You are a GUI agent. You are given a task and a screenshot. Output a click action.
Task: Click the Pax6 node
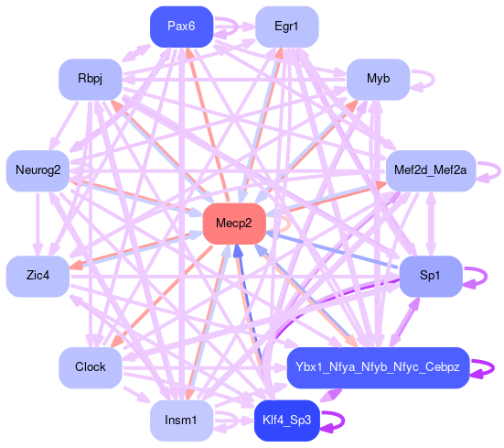pyautogui.click(x=182, y=27)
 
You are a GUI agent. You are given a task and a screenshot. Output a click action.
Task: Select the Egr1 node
pyautogui.click(x=286, y=27)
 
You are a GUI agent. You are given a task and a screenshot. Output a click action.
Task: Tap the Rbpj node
pyautogui.click(x=91, y=79)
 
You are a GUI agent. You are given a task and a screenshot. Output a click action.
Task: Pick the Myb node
pyautogui.click(x=379, y=79)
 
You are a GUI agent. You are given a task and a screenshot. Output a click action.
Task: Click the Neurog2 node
pyautogui.click(x=38, y=170)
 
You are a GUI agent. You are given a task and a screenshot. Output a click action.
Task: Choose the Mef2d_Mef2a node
pyautogui.click(x=431, y=170)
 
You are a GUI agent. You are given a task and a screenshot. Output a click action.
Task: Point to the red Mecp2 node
pyautogui.click(x=234, y=224)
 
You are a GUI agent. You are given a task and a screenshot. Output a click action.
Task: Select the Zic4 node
pyautogui.click(x=38, y=276)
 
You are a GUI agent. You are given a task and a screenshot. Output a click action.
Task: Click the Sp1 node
pyautogui.click(x=431, y=276)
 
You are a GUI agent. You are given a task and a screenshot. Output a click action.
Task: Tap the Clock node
pyautogui.click(x=91, y=367)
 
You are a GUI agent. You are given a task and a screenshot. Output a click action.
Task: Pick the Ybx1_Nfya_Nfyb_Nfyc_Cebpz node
pyautogui.click(x=378, y=367)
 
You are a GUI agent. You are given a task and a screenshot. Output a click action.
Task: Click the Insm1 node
pyautogui.click(x=182, y=421)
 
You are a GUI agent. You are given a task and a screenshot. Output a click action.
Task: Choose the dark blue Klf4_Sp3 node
pyautogui.click(x=286, y=421)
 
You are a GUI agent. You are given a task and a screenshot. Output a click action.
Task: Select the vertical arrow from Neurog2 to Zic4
pyautogui.click(x=38, y=224)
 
